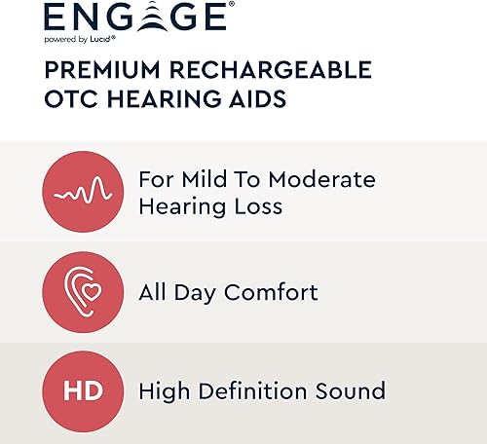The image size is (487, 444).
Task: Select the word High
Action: [x=163, y=392]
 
